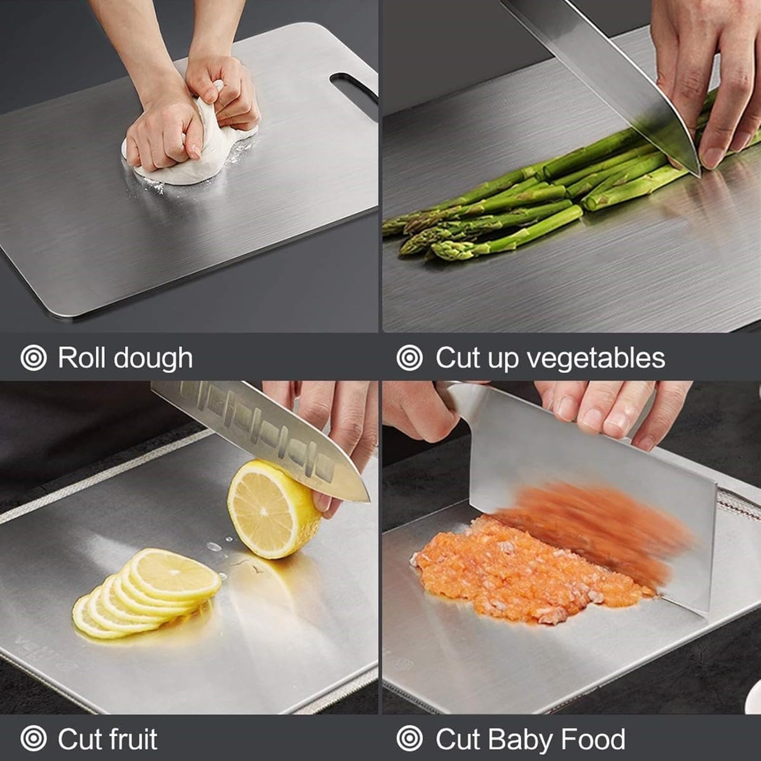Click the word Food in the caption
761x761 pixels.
(x=593, y=739)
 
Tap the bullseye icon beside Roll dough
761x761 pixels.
(x=34, y=358)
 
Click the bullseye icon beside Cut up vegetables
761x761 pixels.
(x=410, y=358)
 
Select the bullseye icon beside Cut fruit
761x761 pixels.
(x=34, y=739)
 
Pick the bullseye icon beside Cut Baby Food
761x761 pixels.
(x=410, y=739)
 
